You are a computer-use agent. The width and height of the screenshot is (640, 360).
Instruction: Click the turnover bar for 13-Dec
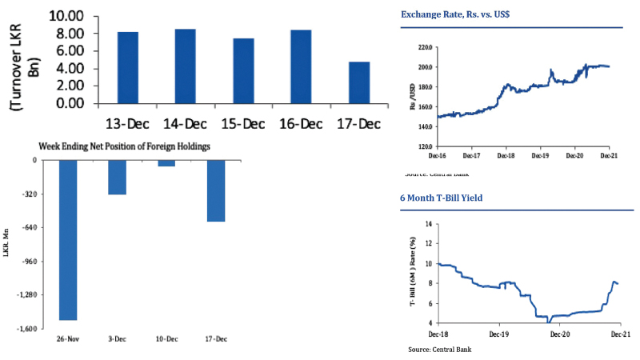point(128,68)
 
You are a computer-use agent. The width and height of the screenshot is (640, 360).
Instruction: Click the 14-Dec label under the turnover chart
point(183,123)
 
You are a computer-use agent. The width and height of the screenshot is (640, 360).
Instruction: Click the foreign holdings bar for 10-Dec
point(166,163)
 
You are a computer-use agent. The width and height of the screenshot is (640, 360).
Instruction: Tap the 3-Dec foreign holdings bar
point(117,178)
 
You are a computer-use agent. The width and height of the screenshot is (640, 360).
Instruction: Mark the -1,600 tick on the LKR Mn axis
point(26,329)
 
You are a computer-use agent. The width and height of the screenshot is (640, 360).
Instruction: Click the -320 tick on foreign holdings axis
point(30,194)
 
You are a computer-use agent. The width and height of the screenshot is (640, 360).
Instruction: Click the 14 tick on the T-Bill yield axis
point(428,225)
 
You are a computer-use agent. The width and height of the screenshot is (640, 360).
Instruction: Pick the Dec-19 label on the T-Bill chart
point(498,332)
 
